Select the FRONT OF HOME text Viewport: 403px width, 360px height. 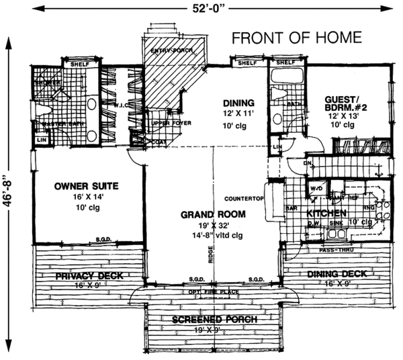[297, 38]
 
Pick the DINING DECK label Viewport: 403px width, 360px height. [337, 274]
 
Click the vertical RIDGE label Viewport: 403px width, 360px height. [210, 257]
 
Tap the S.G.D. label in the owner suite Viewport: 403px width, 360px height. [103, 239]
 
